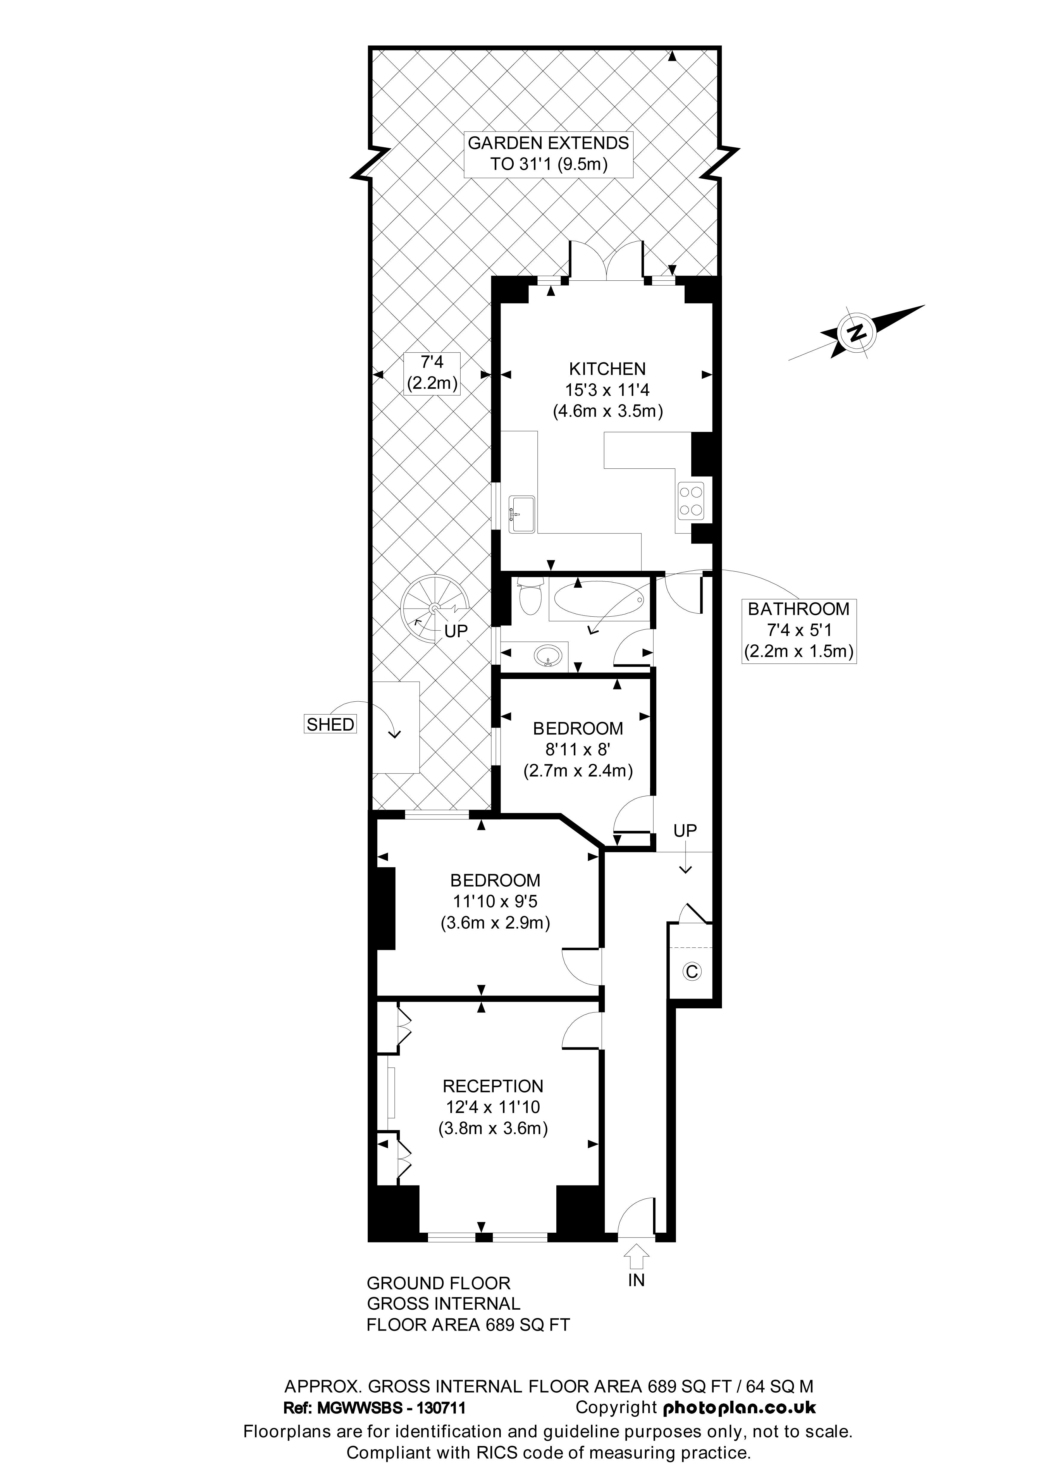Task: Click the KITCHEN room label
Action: coord(607,369)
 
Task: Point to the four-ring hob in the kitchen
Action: coord(690,501)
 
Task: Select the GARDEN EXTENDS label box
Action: coord(548,153)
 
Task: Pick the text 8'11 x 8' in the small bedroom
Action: coord(577,749)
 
